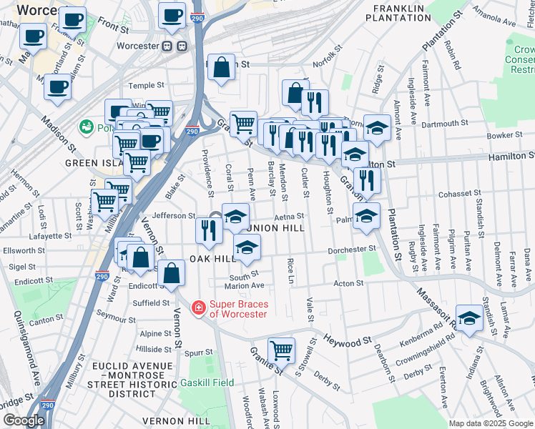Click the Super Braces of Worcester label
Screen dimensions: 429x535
point(238,309)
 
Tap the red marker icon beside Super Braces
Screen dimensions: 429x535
point(198,308)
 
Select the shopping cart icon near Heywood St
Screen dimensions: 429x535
point(281,350)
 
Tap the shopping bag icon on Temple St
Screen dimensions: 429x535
point(222,68)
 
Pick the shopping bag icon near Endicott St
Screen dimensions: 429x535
point(172,272)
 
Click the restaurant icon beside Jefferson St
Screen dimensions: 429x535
point(208,230)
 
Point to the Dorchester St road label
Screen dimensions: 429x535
point(352,250)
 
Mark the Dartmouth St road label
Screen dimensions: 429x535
point(444,124)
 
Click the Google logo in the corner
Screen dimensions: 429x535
point(24,420)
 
